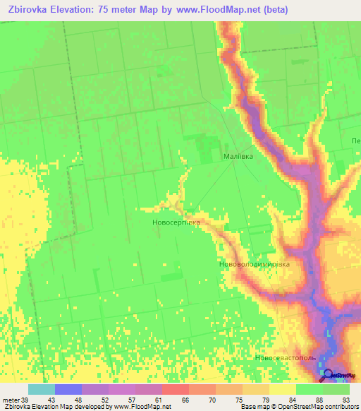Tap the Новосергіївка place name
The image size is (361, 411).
(176, 222)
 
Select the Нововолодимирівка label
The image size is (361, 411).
(255, 265)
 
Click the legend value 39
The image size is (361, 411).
(26, 400)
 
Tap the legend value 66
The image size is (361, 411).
(186, 400)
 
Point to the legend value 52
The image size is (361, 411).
(106, 400)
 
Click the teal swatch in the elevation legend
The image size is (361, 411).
(42, 389)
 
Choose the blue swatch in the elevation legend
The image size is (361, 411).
(68, 389)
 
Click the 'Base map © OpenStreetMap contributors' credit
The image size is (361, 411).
(297, 407)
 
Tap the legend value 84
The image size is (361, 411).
(293, 400)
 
